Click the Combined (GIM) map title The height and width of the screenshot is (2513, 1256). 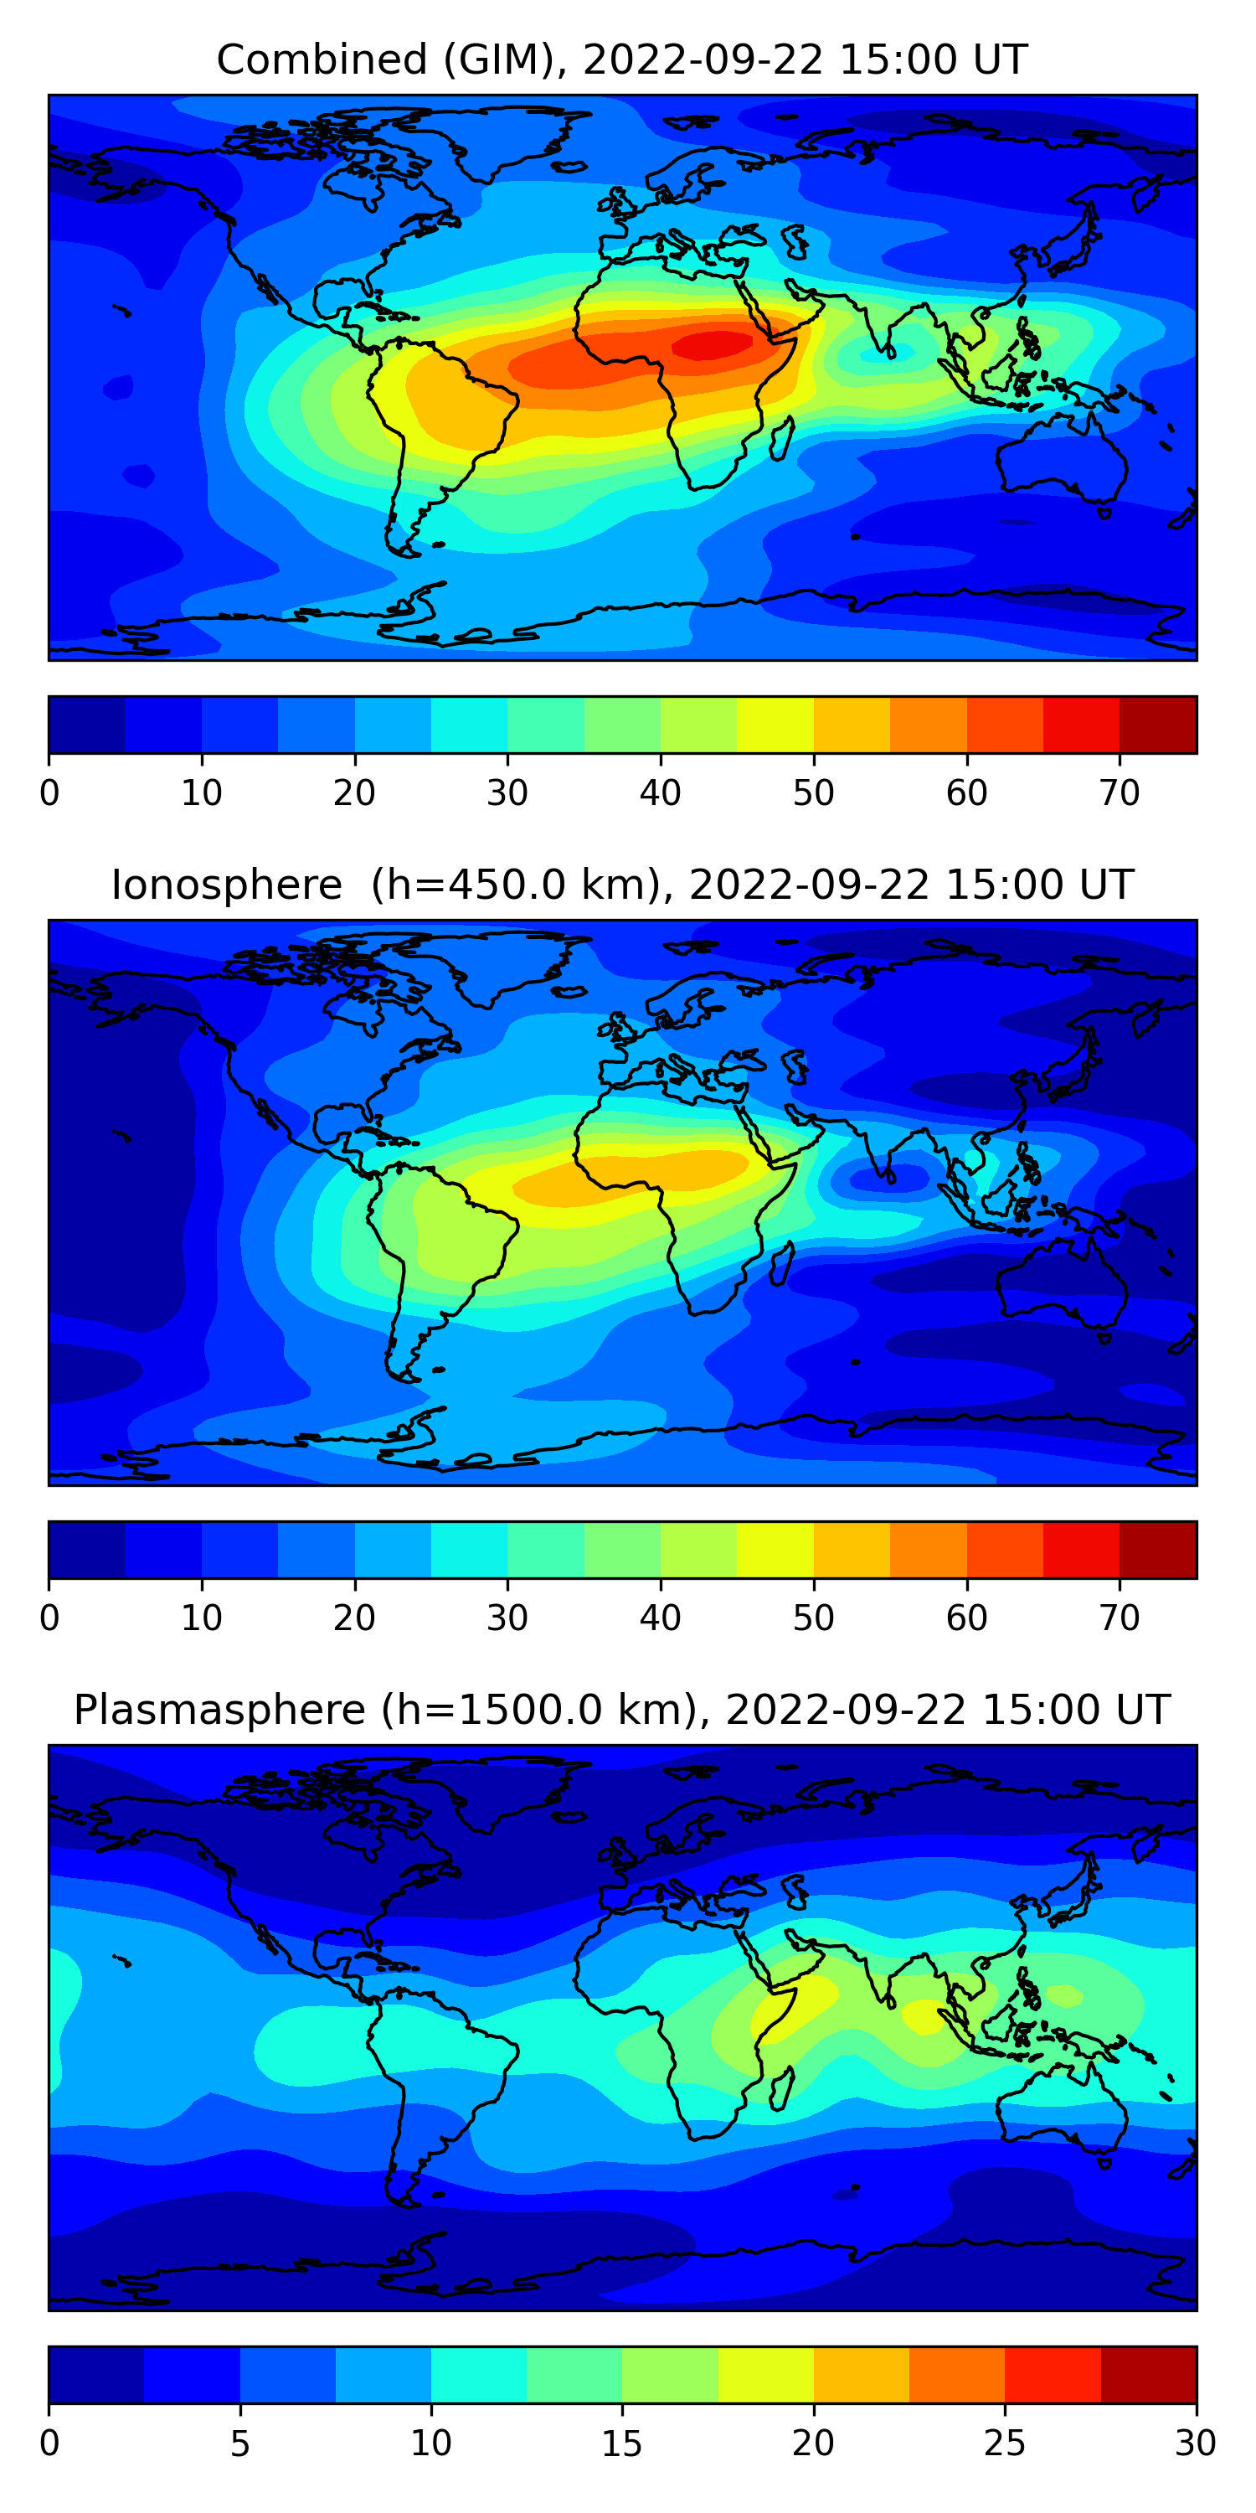coord(621,59)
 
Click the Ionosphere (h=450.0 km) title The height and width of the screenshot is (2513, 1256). coord(621,885)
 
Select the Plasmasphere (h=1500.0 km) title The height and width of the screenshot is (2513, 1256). coord(621,1711)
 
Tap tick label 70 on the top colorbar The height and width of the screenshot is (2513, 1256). coord(1120,793)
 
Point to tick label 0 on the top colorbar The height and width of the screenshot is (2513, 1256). coord(49,793)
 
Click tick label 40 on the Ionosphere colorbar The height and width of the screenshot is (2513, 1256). coord(660,1618)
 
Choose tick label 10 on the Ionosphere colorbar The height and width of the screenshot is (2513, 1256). coord(202,1618)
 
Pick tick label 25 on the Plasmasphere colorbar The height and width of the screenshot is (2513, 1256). coord(1005,2443)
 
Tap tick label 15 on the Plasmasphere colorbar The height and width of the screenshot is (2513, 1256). coord(622,2443)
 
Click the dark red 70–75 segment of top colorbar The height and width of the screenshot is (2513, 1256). coord(1157,725)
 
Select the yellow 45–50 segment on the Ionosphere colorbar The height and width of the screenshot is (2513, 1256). coord(775,1549)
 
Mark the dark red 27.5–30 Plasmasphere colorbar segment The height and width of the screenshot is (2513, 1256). coord(1148,2375)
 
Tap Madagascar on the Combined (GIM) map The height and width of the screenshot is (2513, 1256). coord(781,439)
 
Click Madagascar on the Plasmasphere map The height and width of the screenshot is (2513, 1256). coord(781,2088)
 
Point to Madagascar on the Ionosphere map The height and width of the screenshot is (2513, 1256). coord(781,1264)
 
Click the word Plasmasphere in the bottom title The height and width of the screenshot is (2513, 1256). coord(219,1711)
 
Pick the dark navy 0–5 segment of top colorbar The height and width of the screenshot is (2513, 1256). coord(88,725)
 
